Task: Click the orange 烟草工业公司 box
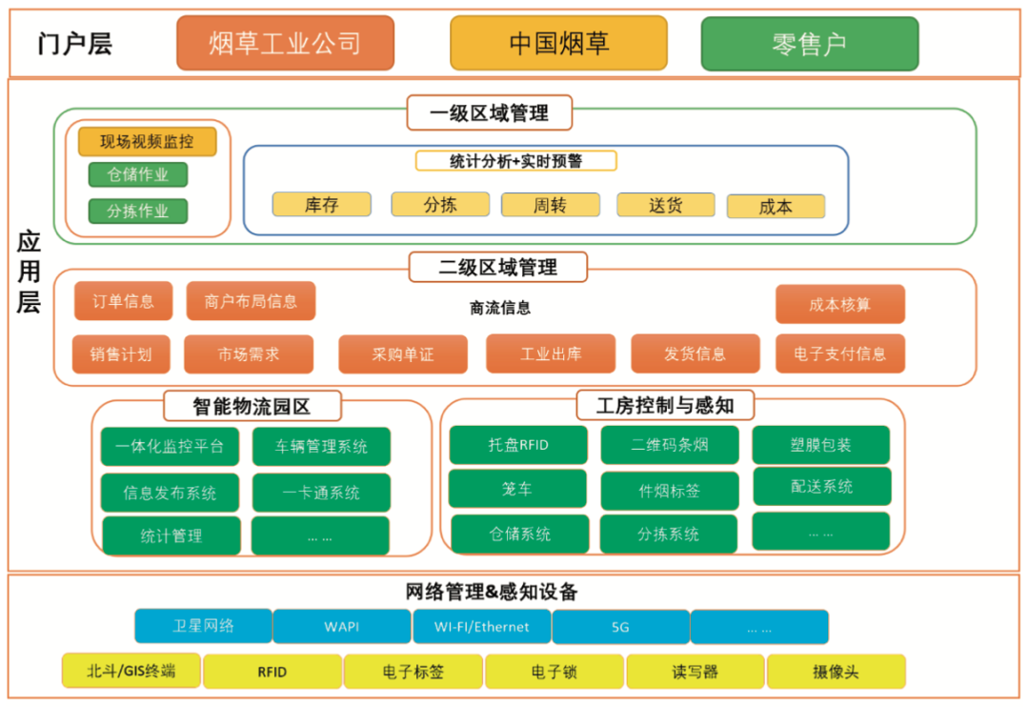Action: click(286, 43)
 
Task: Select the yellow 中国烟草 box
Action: click(558, 43)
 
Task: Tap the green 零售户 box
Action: click(810, 44)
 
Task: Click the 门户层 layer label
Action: click(75, 44)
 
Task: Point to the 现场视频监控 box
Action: click(147, 142)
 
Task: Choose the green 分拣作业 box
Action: click(138, 212)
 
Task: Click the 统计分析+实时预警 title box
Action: click(515, 161)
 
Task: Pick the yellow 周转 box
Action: click(550, 205)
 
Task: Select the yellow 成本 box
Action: click(776, 207)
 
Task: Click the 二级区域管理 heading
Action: click(498, 267)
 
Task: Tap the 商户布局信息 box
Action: click(251, 301)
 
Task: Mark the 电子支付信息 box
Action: click(840, 353)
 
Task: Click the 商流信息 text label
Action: click(500, 308)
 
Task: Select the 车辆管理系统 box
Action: click(322, 447)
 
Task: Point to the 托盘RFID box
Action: click(518, 445)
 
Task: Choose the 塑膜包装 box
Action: click(821, 445)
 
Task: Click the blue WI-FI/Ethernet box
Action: click(482, 627)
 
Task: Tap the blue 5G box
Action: click(621, 627)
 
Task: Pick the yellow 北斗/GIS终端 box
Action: click(131, 671)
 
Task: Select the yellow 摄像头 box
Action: click(837, 672)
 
